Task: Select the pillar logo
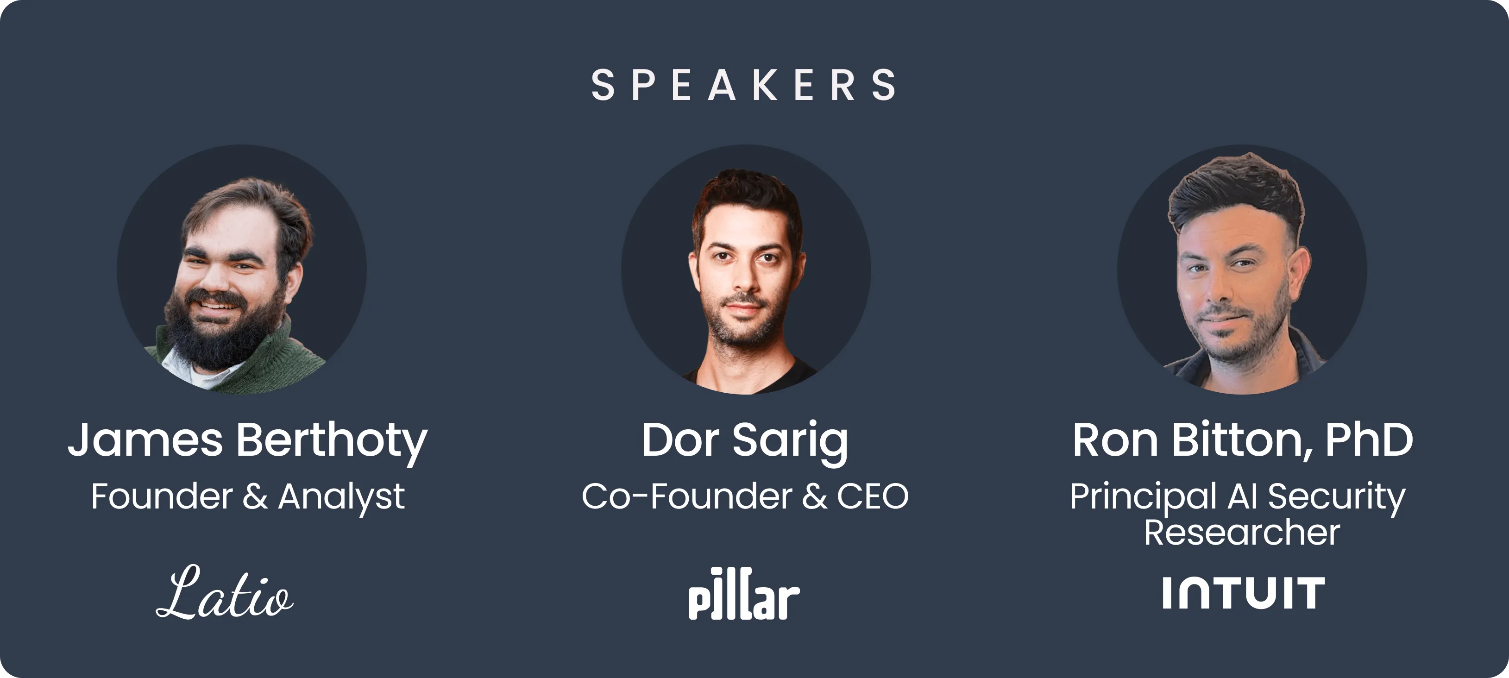pyautogui.click(x=744, y=594)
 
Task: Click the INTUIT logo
pyautogui.click(x=1243, y=593)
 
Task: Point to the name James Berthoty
pyautogui.click(x=247, y=440)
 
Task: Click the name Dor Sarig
pyautogui.click(x=744, y=440)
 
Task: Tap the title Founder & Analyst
pyautogui.click(x=247, y=497)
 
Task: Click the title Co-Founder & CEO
pyautogui.click(x=744, y=496)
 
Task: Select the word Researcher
pyautogui.click(x=1242, y=532)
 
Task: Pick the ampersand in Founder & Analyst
pyautogui.click(x=255, y=497)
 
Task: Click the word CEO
pyautogui.click(x=872, y=496)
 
